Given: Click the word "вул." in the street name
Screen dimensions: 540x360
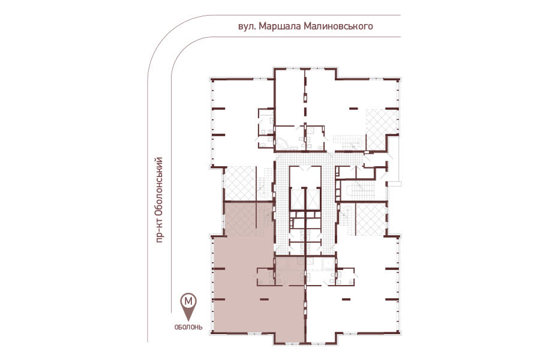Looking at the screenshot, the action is pos(246,26).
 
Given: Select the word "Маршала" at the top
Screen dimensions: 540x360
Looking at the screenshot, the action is pos(279,26).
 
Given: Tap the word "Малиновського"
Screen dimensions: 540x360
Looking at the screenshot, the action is pos(338,26).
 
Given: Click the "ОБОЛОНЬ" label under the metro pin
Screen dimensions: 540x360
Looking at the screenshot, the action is pos(188,327).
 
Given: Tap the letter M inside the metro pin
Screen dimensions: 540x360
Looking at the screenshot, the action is pos(189,301).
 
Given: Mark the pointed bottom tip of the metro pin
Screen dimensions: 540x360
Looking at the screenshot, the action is pos(189,321).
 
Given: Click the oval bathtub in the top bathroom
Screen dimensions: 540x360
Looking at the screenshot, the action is pos(283,144).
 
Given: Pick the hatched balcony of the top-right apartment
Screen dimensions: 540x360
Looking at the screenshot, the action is pos(382,130).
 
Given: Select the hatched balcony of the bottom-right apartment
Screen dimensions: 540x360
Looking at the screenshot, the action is pos(370,220).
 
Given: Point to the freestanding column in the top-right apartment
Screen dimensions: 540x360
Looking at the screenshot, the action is pos(353,109).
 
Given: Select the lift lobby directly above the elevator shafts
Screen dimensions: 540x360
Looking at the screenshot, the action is pos(305,176).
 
